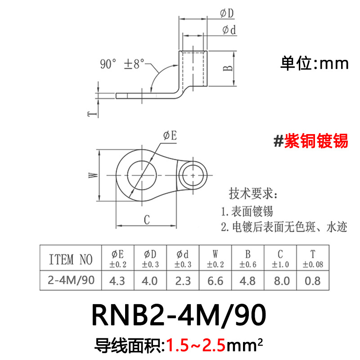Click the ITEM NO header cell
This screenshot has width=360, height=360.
[x=70, y=259]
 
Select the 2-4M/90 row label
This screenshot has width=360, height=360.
[x=70, y=281]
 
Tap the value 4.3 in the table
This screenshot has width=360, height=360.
[x=117, y=281]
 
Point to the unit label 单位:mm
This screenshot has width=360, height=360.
[x=315, y=63]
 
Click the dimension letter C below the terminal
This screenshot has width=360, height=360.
[x=146, y=220]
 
